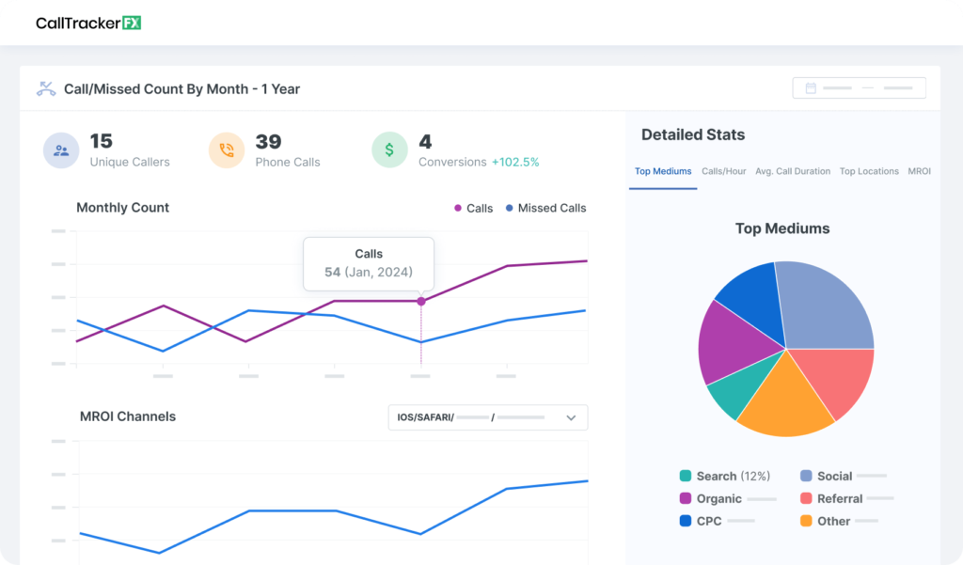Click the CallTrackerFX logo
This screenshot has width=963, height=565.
click(x=88, y=23)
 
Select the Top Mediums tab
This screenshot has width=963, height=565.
click(x=663, y=171)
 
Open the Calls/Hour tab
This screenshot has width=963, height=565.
click(x=724, y=171)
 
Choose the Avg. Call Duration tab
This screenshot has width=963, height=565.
click(x=793, y=171)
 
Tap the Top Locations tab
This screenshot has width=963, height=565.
click(x=869, y=171)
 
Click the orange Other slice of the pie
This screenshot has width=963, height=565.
click(x=783, y=400)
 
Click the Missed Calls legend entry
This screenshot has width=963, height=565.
click(x=545, y=208)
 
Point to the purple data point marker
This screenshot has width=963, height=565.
click(x=420, y=301)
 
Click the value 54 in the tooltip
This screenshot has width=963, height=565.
click(x=332, y=273)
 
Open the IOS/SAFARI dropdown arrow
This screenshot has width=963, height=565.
click(x=571, y=417)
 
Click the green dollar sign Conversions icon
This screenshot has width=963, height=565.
click(x=389, y=149)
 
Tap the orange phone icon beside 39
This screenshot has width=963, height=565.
click(x=227, y=149)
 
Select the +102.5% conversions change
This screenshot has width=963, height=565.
click(x=515, y=162)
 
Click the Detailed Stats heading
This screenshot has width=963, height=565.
click(x=692, y=134)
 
